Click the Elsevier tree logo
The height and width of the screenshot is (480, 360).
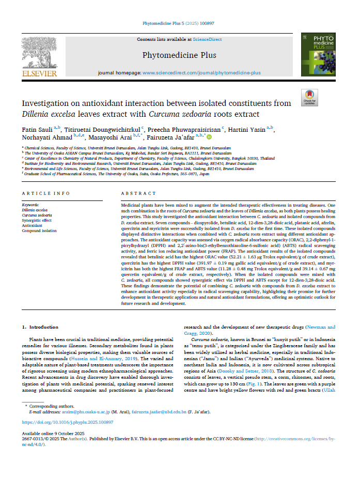coord(39,52)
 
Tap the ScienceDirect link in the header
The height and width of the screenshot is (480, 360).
coord(208,39)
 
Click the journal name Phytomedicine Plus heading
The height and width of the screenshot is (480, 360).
coord(179,55)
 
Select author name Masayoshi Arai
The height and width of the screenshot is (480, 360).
coord(111,137)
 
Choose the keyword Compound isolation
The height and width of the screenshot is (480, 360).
coord(39,230)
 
